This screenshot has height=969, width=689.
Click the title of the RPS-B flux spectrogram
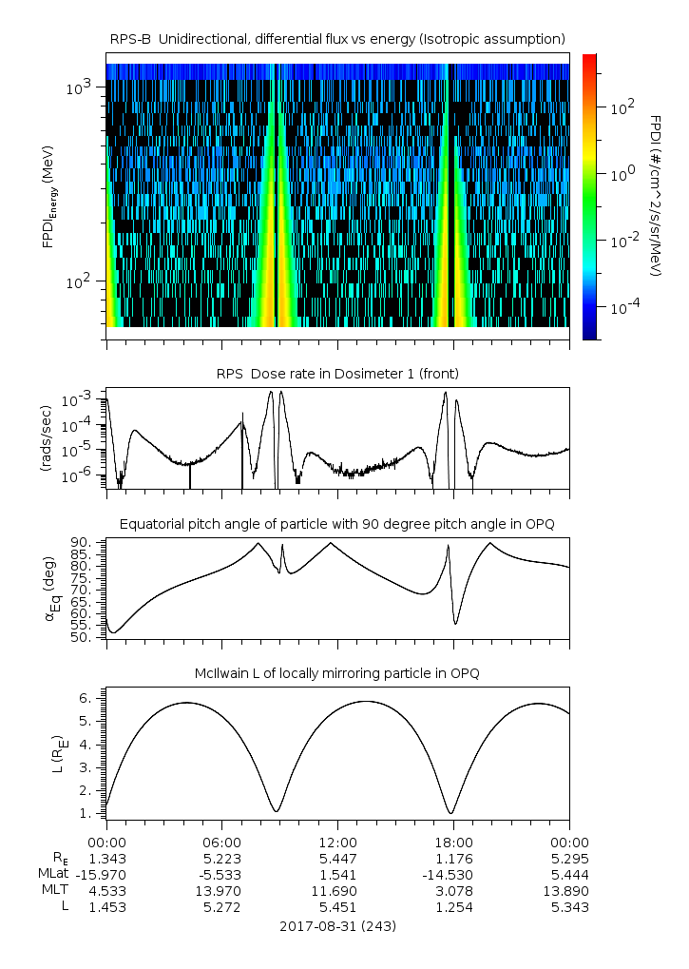point(337,38)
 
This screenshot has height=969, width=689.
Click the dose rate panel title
point(337,374)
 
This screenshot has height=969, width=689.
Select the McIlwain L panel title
point(337,673)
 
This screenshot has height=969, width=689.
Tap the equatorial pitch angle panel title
point(337,524)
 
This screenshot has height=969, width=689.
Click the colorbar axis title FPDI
point(655,195)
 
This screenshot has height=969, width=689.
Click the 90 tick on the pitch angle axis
point(81,542)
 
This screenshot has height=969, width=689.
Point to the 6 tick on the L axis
point(85,697)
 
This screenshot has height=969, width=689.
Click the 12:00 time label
point(337,842)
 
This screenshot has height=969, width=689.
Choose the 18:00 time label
point(453,842)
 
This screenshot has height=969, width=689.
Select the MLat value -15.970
point(106,874)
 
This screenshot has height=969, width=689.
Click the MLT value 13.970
point(221,890)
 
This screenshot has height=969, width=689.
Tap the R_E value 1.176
point(453,858)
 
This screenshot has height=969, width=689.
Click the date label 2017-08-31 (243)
point(337,925)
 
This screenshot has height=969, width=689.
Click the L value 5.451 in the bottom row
point(337,906)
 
